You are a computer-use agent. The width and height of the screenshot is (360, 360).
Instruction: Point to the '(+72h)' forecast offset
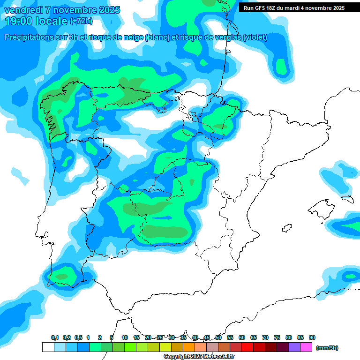81,21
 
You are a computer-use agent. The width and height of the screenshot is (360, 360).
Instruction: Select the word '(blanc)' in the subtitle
157,37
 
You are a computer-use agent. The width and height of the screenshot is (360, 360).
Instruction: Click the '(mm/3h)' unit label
327,348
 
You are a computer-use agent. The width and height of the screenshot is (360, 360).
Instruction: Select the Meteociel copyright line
199,357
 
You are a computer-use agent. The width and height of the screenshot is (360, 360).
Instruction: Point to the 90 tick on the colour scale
312,337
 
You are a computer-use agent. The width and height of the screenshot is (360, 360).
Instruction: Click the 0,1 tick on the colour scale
55,337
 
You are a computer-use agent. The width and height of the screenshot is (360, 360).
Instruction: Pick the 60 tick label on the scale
242,337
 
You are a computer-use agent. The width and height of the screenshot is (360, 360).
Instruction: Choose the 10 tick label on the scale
125,337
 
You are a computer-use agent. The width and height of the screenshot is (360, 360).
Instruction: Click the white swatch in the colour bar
48,347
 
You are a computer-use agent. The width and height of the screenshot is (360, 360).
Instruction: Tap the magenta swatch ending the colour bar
306,347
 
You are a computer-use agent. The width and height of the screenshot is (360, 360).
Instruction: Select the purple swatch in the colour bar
294,347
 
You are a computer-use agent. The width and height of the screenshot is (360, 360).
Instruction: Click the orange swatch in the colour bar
189,347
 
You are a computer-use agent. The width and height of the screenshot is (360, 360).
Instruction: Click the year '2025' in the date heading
107,10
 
